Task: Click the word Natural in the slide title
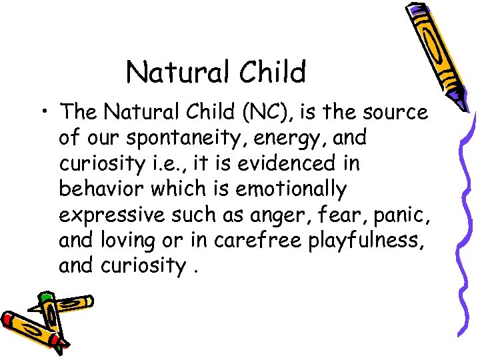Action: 169,72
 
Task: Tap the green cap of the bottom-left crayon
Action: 45,296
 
